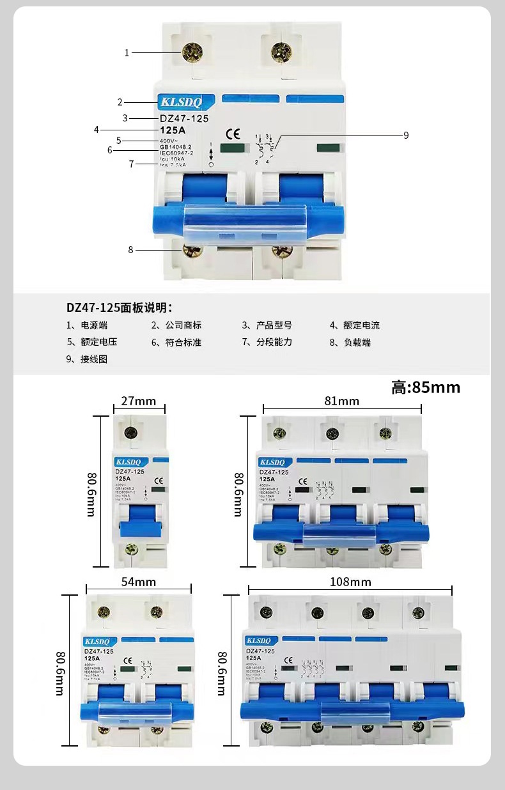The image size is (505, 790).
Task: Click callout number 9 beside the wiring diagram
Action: pyautogui.click(x=405, y=135)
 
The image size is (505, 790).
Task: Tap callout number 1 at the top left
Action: pyautogui.click(x=127, y=52)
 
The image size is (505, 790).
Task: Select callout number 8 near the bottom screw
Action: pyautogui.click(x=130, y=250)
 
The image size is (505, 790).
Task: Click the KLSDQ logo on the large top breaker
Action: pyautogui.click(x=181, y=102)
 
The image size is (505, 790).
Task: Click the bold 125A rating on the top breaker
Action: pyautogui.click(x=172, y=130)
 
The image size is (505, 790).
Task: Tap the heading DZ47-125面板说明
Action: pyautogui.click(x=120, y=307)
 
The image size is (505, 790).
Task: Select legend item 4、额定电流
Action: pyautogui.click(x=355, y=325)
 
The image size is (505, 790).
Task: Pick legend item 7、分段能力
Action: pyautogui.click(x=267, y=342)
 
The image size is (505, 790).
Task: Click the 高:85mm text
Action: pyautogui.click(x=426, y=387)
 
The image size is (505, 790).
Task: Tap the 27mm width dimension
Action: pyautogui.click(x=139, y=401)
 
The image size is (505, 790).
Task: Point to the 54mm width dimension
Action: pyautogui.click(x=138, y=582)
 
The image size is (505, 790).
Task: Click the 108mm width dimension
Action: pyautogui.click(x=350, y=582)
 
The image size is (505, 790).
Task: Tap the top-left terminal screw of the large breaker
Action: pyautogui.click(x=190, y=51)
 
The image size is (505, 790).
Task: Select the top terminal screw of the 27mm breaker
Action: pyautogui.click(x=131, y=433)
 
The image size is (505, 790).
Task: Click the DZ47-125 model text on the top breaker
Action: pyautogui.click(x=184, y=118)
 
